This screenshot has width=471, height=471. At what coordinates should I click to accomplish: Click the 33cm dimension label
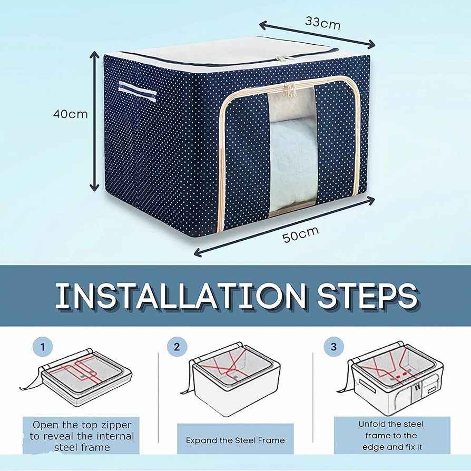coord(322,23)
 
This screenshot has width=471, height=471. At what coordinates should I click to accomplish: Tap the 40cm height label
coord(70,114)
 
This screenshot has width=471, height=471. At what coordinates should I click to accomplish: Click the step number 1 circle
coord(43,347)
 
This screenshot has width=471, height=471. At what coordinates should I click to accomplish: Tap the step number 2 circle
coord(177,347)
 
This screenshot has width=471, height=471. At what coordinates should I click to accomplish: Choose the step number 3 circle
coord(333,347)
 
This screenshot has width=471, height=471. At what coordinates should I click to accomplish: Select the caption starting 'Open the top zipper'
coord(82,436)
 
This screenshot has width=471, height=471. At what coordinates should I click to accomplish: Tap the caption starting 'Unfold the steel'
coord(391,435)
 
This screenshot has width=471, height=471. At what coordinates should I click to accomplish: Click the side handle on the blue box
coord(137,93)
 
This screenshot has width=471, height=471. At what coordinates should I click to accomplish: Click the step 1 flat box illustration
coord(79,377)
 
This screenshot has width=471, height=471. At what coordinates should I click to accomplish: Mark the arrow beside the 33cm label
coord(316,35)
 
